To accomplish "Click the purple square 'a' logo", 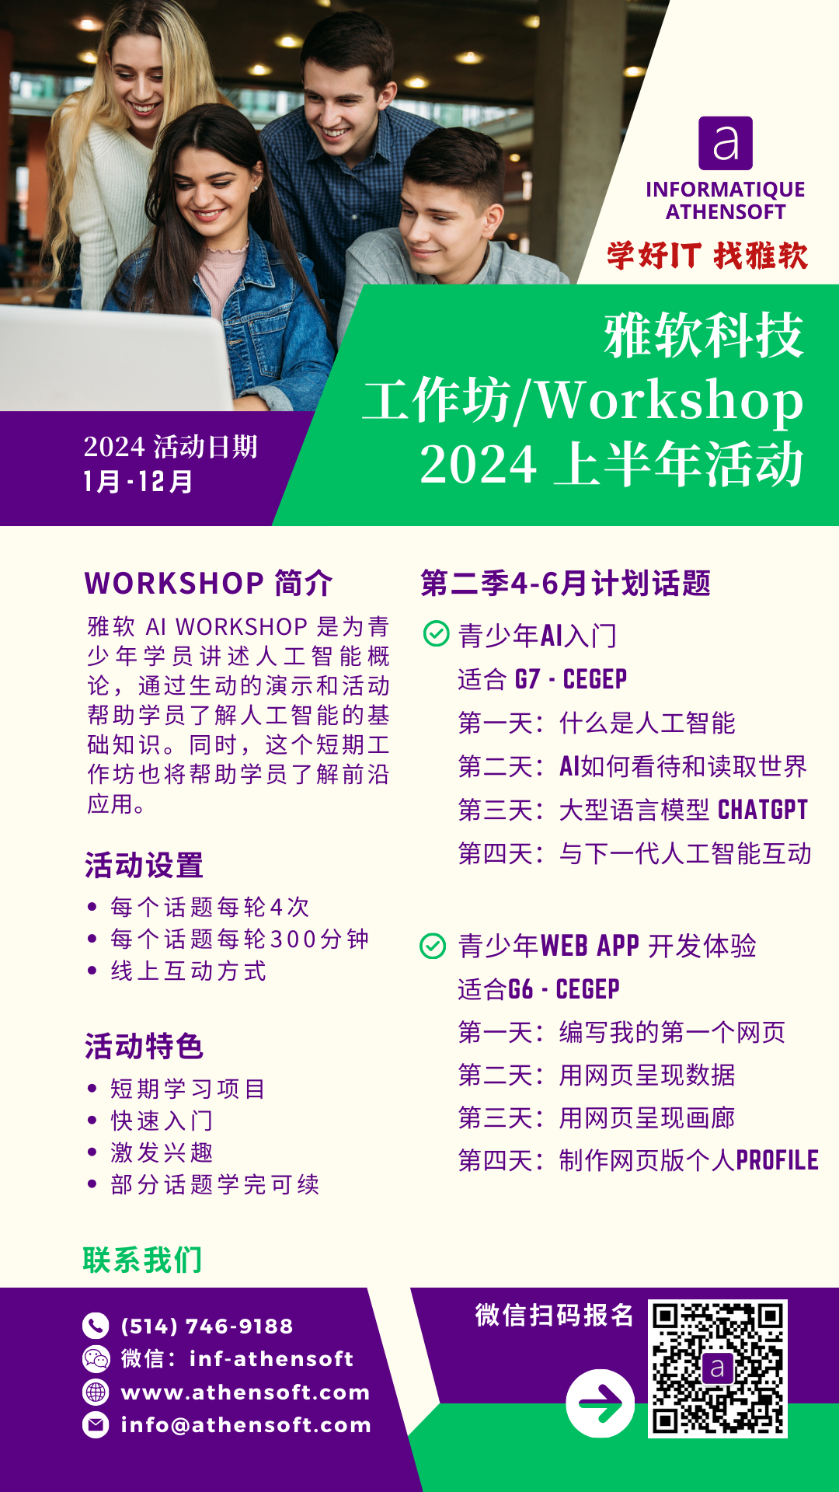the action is [726, 143].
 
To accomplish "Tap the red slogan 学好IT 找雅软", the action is [708, 256].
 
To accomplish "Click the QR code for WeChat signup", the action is [717, 1368].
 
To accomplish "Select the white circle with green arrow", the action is [601, 1403].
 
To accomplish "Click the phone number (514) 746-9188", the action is [207, 1326].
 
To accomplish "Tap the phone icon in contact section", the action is [96, 1326].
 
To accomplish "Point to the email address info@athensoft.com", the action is [246, 1425].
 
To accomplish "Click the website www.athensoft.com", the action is [245, 1392].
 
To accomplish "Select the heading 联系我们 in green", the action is [143, 1260].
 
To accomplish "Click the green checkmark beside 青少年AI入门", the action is [436, 634].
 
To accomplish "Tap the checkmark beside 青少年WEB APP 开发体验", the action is [433, 946].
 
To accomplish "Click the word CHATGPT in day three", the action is [763, 810].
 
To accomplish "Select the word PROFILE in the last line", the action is [777, 1160].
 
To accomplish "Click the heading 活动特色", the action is [144, 1046].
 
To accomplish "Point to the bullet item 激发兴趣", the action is [162, 1152].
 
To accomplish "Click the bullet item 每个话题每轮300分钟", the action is [240, 939].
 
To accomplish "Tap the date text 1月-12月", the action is [138, 482].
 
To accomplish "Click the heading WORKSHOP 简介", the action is [209, 583].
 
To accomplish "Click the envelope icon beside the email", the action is [96, 1425].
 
